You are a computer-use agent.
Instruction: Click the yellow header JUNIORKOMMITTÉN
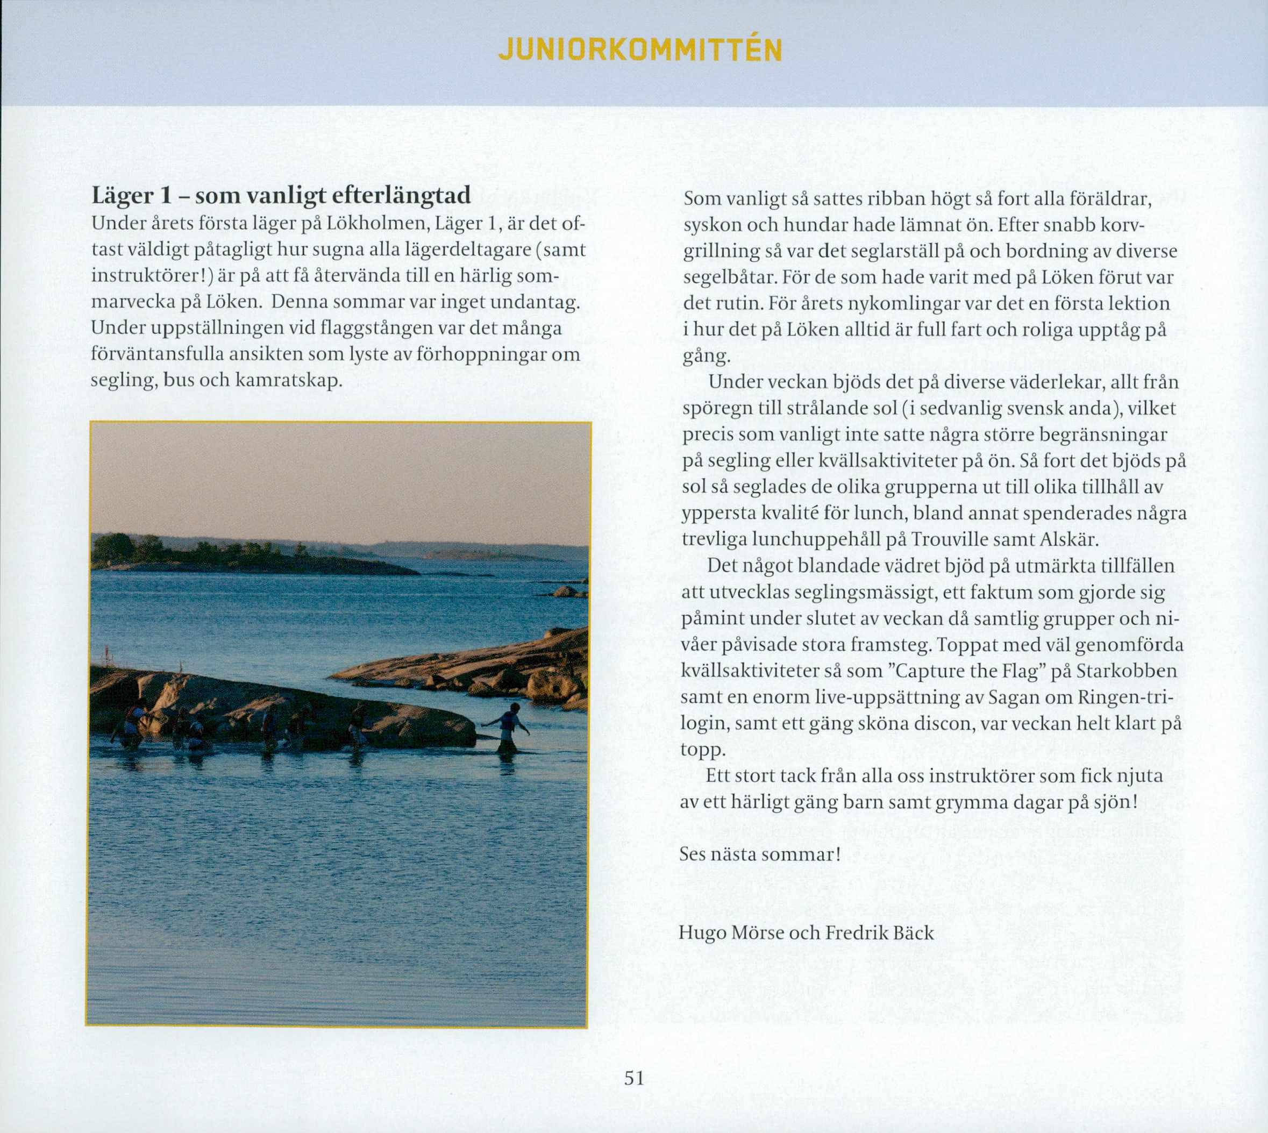pos(640,51)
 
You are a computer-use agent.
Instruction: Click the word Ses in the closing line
pos(693,853)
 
